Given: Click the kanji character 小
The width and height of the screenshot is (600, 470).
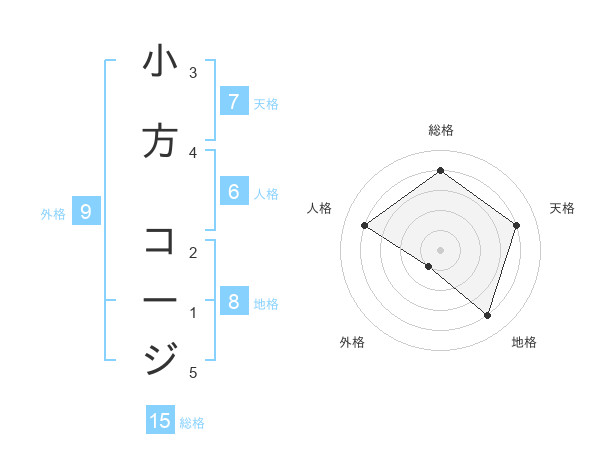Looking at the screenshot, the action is point(160,62).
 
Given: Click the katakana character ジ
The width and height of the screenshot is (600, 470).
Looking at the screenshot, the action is point(160,357).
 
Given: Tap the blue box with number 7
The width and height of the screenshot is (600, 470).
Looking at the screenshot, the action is point(233,101).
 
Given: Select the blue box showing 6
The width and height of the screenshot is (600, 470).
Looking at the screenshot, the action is point(233,191).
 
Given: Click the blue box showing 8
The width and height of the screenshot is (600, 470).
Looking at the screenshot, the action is point(233,301).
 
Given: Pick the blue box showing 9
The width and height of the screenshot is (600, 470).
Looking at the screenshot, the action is point(86,211).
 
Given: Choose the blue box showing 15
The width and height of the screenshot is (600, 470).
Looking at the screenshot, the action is point(160,421).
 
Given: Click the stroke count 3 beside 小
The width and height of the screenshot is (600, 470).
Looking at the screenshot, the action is point(193,73).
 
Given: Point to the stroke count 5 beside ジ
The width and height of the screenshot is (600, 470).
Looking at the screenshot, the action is point(193,373).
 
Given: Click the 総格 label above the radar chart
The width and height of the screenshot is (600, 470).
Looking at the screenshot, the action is point(440,130).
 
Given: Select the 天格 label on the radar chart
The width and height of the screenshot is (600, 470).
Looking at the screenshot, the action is point(562,208).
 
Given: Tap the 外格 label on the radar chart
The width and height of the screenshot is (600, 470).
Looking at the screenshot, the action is point(352,342).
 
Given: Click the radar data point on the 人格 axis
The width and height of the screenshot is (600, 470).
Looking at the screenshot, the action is point(365,226).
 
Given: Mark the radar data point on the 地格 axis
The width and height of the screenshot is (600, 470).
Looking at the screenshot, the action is point(487,315).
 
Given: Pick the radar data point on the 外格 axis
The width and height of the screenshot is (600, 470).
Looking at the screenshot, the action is point(429,266).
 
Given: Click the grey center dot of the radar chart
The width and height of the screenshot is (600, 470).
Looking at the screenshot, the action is point(440,249).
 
